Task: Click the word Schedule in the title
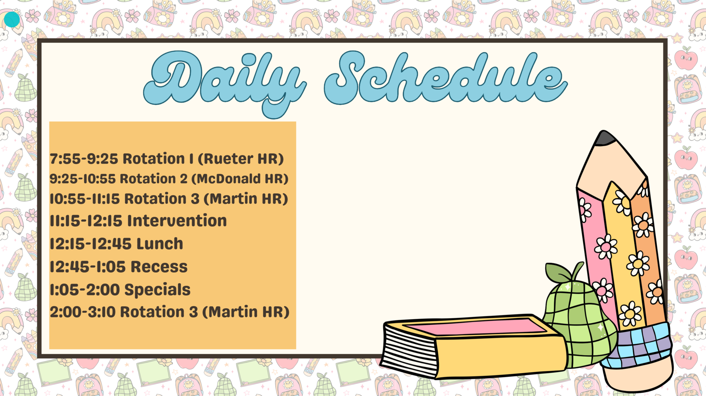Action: point(445,79)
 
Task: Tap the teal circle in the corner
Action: point(12,19)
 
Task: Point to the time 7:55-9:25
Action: point(84,159)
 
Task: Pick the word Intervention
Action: point(177,221)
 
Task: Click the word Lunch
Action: point(160,244)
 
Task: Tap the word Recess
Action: point(159,267)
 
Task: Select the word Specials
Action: point(157,290)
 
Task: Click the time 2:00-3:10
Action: point(83,312)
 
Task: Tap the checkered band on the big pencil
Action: point(638,345)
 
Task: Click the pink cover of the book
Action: point(474,327)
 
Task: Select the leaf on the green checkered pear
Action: point(557,272)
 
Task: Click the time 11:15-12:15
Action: point(86,221)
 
